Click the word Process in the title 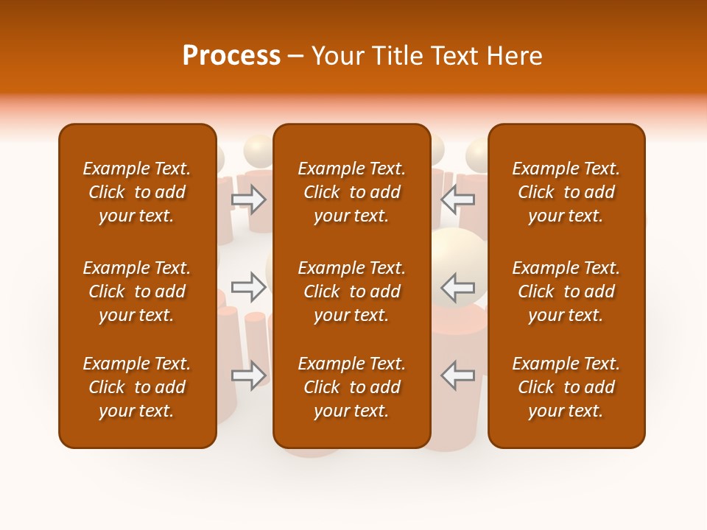[231, 56]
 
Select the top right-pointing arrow [249, 199]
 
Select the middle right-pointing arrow [249, 287]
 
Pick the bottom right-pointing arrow [249, 375]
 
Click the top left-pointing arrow [458, 199]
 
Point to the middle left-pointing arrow [458, 287]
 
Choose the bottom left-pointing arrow [458, 375]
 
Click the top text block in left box [137, 192]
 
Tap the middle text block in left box [137, 291]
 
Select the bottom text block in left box [137, 387]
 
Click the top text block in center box [352, 192]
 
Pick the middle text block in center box [352, 291]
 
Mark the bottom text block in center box [352, 387]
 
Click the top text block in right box [566, 192]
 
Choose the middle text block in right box [566, 291]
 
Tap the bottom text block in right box [566, 387]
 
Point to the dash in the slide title [296, 57]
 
